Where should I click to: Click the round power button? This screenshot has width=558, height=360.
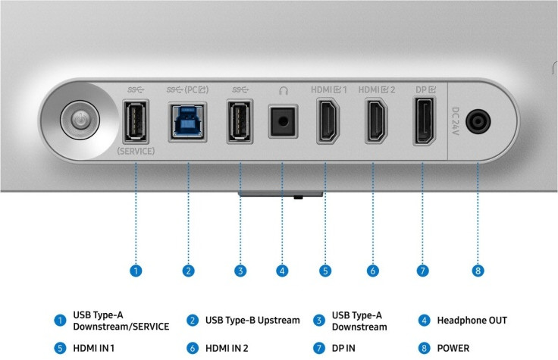pos(80,120)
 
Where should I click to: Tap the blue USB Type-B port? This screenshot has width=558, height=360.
pos(187,122)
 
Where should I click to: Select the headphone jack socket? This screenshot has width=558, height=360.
pos(283,121)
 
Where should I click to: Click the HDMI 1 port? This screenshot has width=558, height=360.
pos(328,121)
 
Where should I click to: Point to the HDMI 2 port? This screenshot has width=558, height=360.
pos(377,121)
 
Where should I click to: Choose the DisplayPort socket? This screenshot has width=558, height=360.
pos(425,121)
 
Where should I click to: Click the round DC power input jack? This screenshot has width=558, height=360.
pos(478,121)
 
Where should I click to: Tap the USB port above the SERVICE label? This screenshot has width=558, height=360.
pos(136,121)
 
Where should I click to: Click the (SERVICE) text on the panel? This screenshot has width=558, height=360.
pos(136,151)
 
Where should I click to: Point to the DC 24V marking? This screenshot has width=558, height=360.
pos(456,121)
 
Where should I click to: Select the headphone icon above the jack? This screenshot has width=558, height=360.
pos(284,90)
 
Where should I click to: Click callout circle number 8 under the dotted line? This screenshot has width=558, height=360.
pos(478,271)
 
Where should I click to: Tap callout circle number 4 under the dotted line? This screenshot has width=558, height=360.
pos(282,271)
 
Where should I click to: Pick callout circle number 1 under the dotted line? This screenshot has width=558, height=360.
pos(136,271)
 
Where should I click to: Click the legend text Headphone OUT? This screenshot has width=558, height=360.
pos(472,321)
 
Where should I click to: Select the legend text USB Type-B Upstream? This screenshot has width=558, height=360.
pos(252,321)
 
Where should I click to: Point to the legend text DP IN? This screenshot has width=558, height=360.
pos(343,349)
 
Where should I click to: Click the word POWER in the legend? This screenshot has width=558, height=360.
pos(453,349)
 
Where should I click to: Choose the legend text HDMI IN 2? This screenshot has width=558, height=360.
pos(227,349)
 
